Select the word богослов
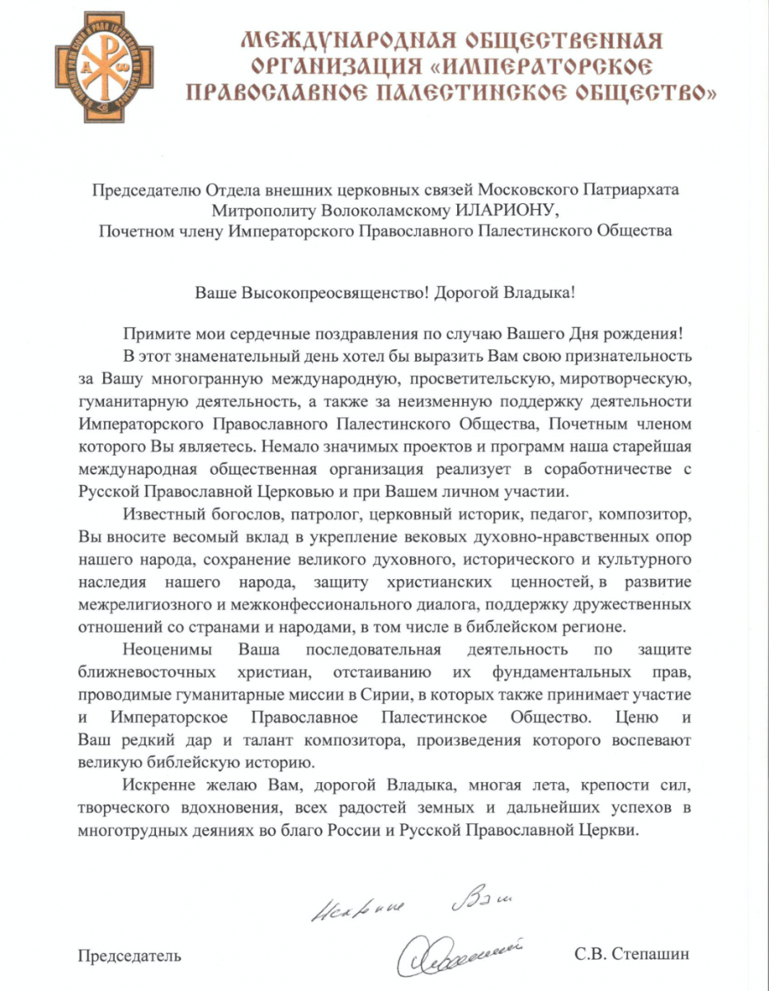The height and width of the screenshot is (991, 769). coord(257,515)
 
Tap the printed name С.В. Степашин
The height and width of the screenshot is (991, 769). coord(631,956)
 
